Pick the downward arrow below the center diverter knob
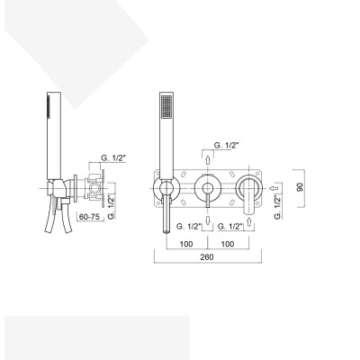(x=209, y=218)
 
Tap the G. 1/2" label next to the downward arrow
(x=189, y=227)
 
